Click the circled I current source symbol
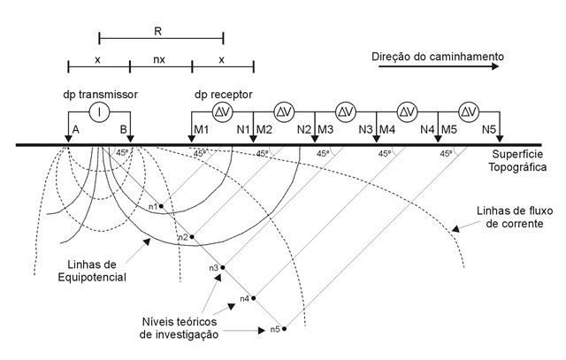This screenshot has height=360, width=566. click(99, 112)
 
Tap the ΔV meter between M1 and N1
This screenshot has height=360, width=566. click(222, 112)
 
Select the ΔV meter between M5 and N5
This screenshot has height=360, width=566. click(469, 112)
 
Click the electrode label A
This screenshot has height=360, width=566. click(76, 129)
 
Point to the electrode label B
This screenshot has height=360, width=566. click(123, 129)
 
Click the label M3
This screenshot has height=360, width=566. click(325, 129)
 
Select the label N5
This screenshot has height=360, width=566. click(489, 129)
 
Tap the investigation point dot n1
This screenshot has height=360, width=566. click(161, 206)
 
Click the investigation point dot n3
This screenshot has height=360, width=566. click(223, 267)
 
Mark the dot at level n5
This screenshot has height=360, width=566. click(285, 329)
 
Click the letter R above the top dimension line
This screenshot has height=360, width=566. click(157, 32)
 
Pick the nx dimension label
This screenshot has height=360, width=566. click(159, 59)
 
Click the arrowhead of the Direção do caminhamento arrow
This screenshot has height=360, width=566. click(495, 66)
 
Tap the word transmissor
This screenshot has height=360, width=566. click(108, 95)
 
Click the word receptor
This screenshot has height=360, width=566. click(231, 95)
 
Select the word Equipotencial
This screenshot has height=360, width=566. click(92, 278)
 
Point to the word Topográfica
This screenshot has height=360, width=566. click(517, 167)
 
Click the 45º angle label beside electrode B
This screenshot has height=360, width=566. click(122, 152)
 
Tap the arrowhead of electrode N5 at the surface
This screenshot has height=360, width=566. click(500, 139)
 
